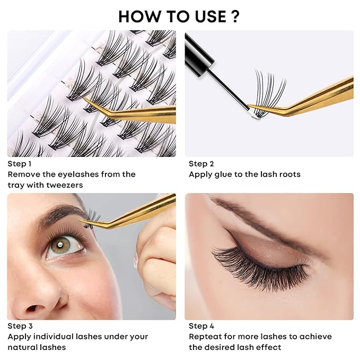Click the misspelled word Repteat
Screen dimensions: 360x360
pyautogui.click(x=206, y=337)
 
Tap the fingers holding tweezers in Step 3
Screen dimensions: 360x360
pyautogui.click(x=156, y=249)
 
